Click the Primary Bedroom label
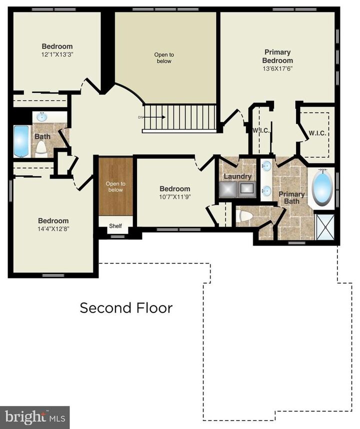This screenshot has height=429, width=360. tap(278, 56)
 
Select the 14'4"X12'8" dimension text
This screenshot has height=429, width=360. tap(53, 228)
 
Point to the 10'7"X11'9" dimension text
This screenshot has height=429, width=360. tap(174, 196)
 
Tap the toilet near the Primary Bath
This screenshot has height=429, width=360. tap(245, 216)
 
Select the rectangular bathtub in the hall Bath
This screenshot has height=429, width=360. tap(21, 141)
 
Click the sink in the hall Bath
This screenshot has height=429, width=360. tap(42, 117)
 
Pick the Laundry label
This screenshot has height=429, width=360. tap(237, 176)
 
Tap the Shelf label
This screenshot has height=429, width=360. tap(115, 226)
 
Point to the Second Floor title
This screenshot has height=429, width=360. tap(126, 307)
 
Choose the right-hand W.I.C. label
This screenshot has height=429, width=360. tap(317, 133)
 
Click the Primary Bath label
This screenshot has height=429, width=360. tap(291, 197)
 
